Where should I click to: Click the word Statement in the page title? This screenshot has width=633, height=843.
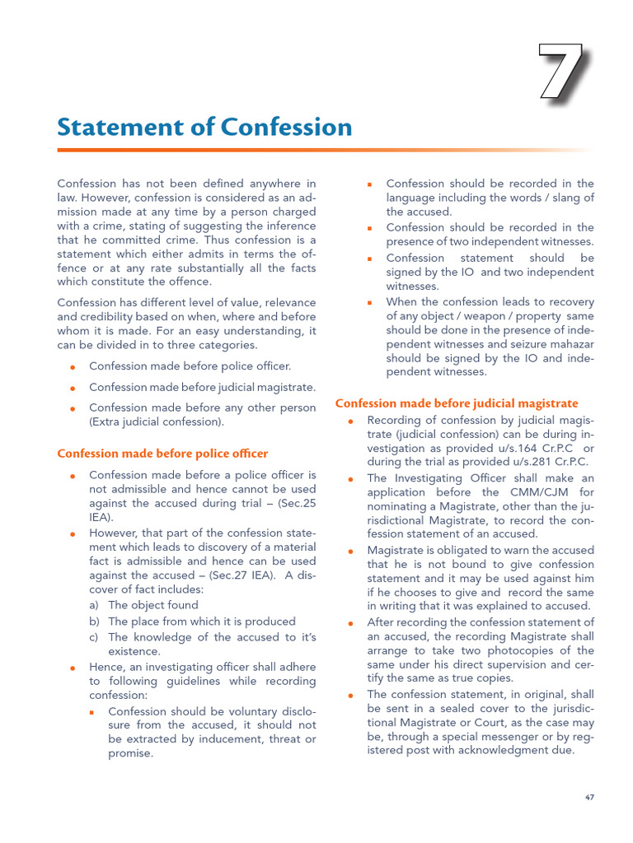pos(110,128)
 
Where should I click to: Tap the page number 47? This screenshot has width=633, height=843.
pos(589,798)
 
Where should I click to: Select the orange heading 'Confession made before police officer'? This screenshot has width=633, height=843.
pos(162,454)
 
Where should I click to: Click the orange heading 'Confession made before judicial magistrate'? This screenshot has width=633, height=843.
pos(457,403)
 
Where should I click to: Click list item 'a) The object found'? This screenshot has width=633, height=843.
pos(144,605)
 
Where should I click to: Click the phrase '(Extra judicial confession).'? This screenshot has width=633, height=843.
pos(157,421)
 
